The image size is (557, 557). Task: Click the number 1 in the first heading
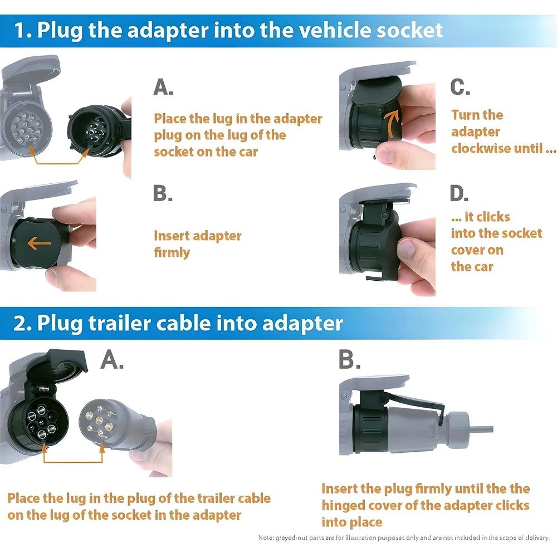coord(20,30)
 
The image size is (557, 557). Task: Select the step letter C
coord(460,87)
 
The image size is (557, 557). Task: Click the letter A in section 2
coord(112,361)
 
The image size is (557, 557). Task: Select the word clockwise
coord(483,149)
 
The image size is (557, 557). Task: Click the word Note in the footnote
coord(266,538)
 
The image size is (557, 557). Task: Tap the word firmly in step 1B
coord(172,252)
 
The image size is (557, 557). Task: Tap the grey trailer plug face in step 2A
coord(101,422)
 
